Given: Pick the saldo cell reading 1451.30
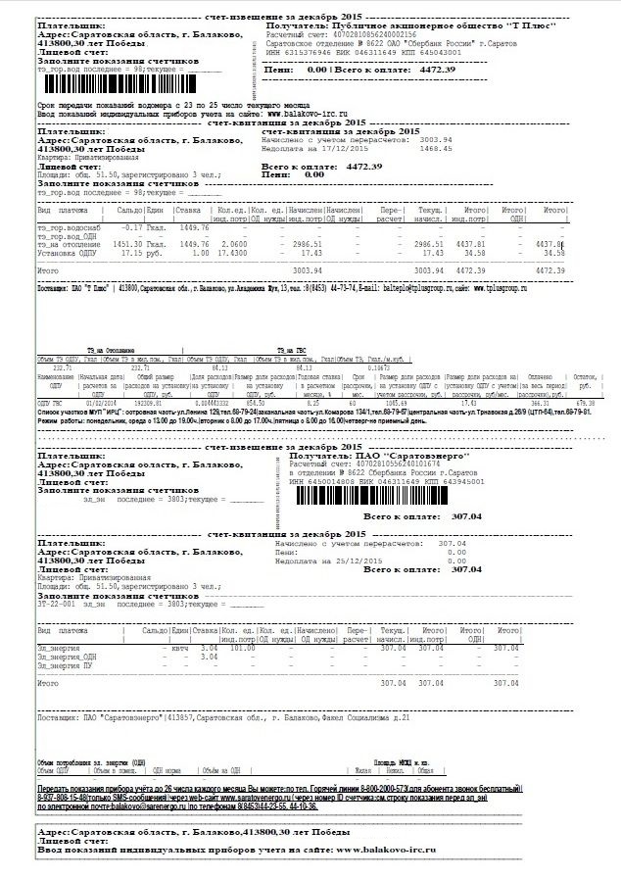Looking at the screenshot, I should (131, 243).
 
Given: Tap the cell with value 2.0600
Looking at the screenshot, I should (233, 243).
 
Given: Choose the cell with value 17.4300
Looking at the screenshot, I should (232, 252).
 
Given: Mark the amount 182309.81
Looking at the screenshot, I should (149, 402).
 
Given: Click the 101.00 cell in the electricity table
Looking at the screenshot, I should (242, 648).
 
